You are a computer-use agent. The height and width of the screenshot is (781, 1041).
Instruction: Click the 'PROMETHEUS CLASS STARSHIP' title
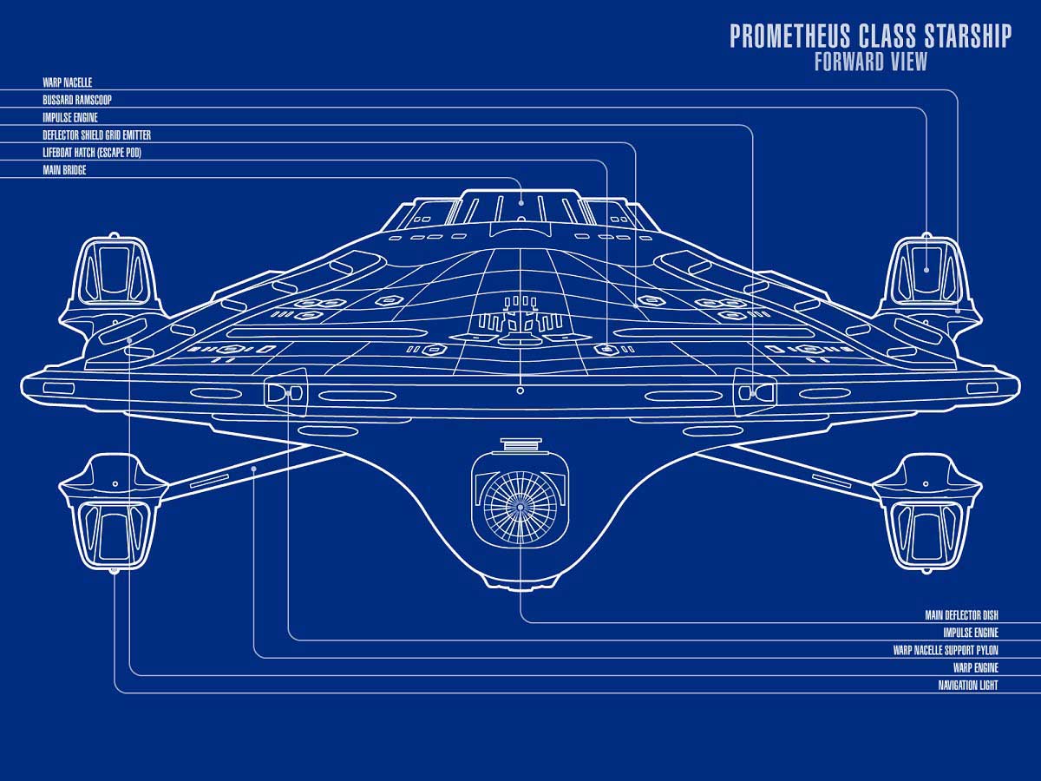point(870,36)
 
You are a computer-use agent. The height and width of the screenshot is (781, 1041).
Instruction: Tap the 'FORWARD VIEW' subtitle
point(871,62)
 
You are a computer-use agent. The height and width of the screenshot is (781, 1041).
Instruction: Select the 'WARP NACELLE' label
point(68,82)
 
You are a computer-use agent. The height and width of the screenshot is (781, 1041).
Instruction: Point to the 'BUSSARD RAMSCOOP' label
point(77,100)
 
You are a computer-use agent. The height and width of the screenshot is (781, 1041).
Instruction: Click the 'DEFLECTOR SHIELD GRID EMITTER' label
point(97,135)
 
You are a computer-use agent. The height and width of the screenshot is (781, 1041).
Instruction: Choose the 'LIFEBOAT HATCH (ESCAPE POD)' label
point(92,153)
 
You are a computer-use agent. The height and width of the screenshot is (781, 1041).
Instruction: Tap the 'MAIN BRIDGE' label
point(64,170)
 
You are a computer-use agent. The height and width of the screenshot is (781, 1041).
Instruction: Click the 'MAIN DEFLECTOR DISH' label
point(962,615)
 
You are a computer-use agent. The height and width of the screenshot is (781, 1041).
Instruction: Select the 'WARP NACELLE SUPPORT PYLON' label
point(946,650)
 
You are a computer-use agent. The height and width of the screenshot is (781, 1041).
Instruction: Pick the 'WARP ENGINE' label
point(976,667)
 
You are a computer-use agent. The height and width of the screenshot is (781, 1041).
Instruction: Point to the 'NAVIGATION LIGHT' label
point(968,686)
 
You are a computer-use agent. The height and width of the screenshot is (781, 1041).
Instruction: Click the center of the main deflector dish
point(520,507)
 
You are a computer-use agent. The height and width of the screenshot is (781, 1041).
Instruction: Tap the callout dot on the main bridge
point(520,203)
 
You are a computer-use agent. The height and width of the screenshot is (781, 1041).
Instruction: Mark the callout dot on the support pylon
point(254,469)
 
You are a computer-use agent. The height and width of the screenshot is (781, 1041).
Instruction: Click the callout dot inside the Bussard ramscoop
point(926,270)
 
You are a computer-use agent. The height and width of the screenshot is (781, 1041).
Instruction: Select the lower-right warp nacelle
point(926,513)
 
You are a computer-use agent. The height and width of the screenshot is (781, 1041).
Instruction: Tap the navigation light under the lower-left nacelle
point(114,571)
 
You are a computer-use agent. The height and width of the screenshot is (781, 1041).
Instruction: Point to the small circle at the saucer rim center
point(520,390)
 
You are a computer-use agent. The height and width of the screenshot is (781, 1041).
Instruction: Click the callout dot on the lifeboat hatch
point(607,350)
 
